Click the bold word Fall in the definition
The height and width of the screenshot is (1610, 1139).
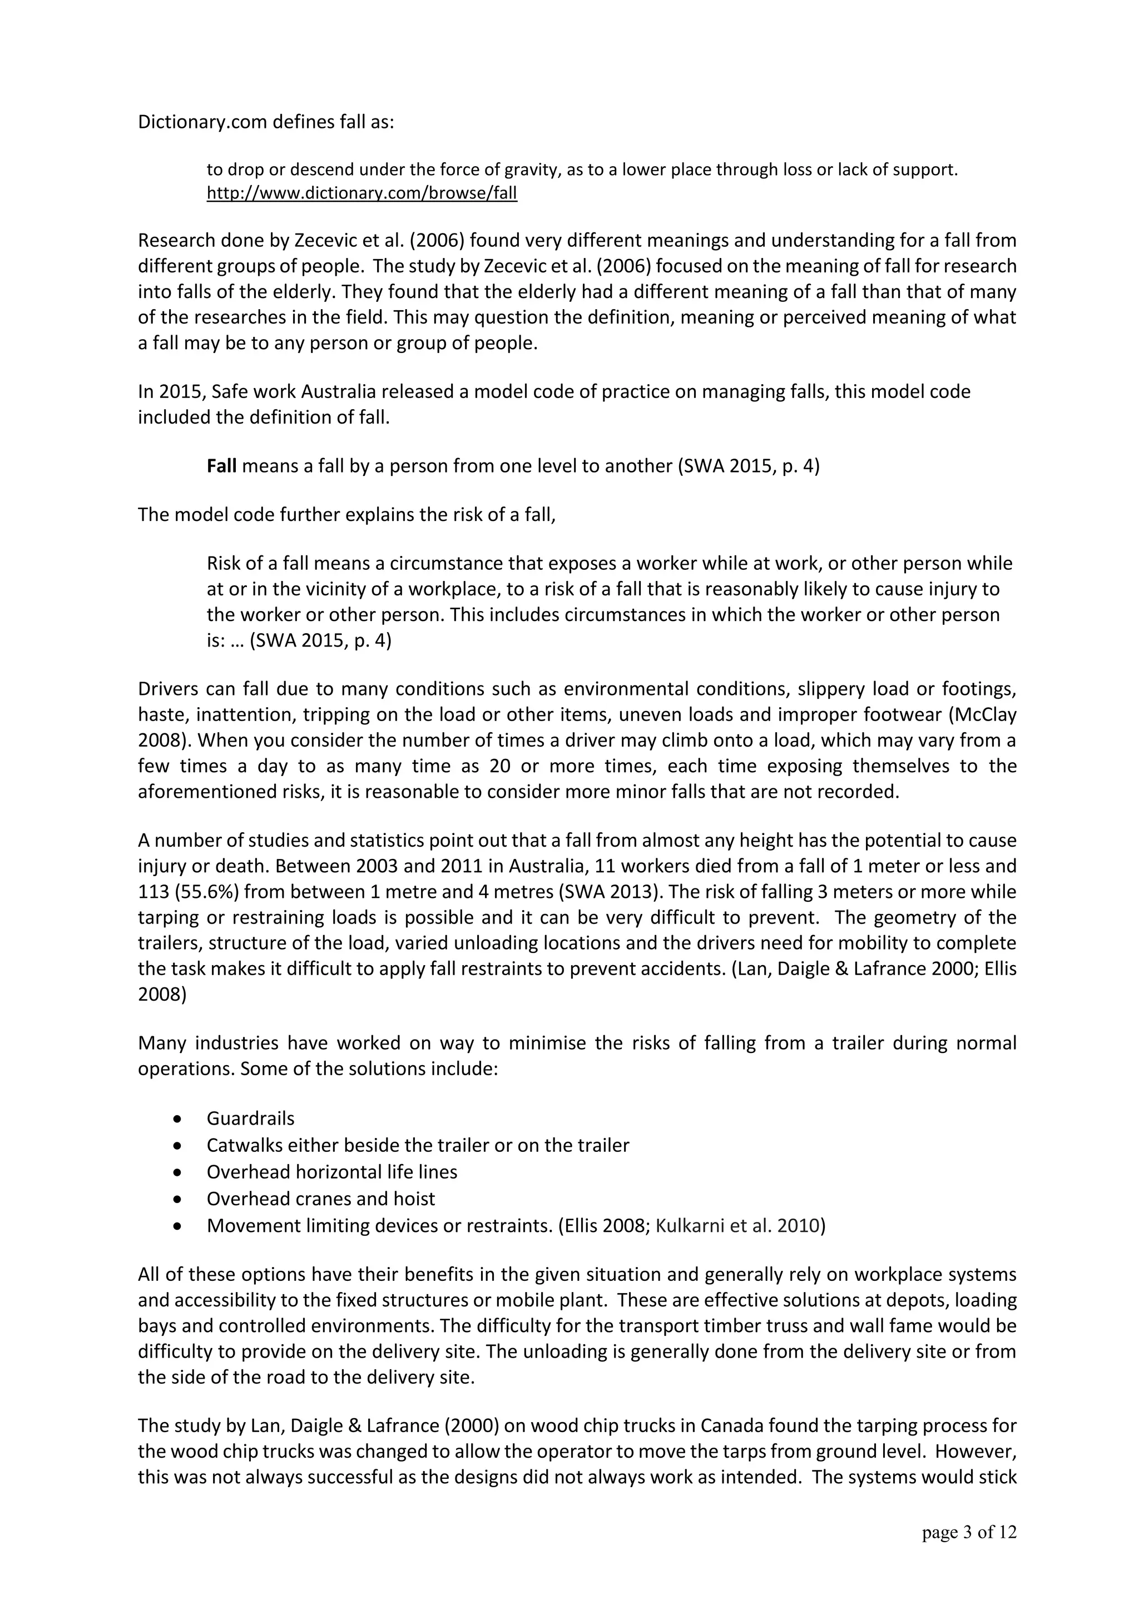(x=222, y=466)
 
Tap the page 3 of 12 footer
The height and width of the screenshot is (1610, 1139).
(x=969, y=1533)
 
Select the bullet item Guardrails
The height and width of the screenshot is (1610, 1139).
(x=250, y=1119)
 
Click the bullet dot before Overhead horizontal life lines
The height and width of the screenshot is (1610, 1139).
(x=180, y=1172)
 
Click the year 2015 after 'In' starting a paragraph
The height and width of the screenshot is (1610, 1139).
(x=177, y=392)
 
